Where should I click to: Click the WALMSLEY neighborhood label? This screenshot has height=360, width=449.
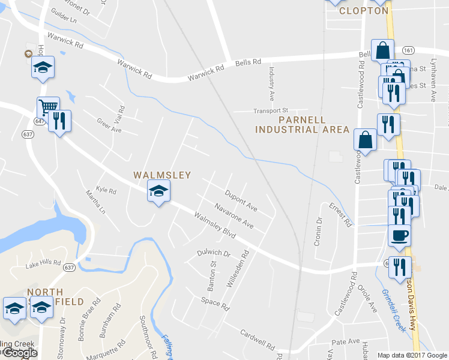tap(161, 175)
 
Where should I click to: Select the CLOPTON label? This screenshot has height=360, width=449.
tap(363, 10)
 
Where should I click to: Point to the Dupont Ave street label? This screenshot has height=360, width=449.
tap(241, 201)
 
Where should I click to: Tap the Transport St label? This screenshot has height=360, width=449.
tap(271, 110)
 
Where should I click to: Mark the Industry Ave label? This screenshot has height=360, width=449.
tap(271, 83)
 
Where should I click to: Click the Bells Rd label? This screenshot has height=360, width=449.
tap(248, 62)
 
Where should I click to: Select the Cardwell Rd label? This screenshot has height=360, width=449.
tap(257, 340)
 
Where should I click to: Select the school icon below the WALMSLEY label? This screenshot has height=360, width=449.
tap(158, 192)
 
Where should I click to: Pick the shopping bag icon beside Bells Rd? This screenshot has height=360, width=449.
tap(382, 50)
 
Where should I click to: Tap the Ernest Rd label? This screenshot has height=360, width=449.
tap(340, 215)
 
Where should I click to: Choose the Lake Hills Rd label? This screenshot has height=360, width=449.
tap(43, 263)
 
